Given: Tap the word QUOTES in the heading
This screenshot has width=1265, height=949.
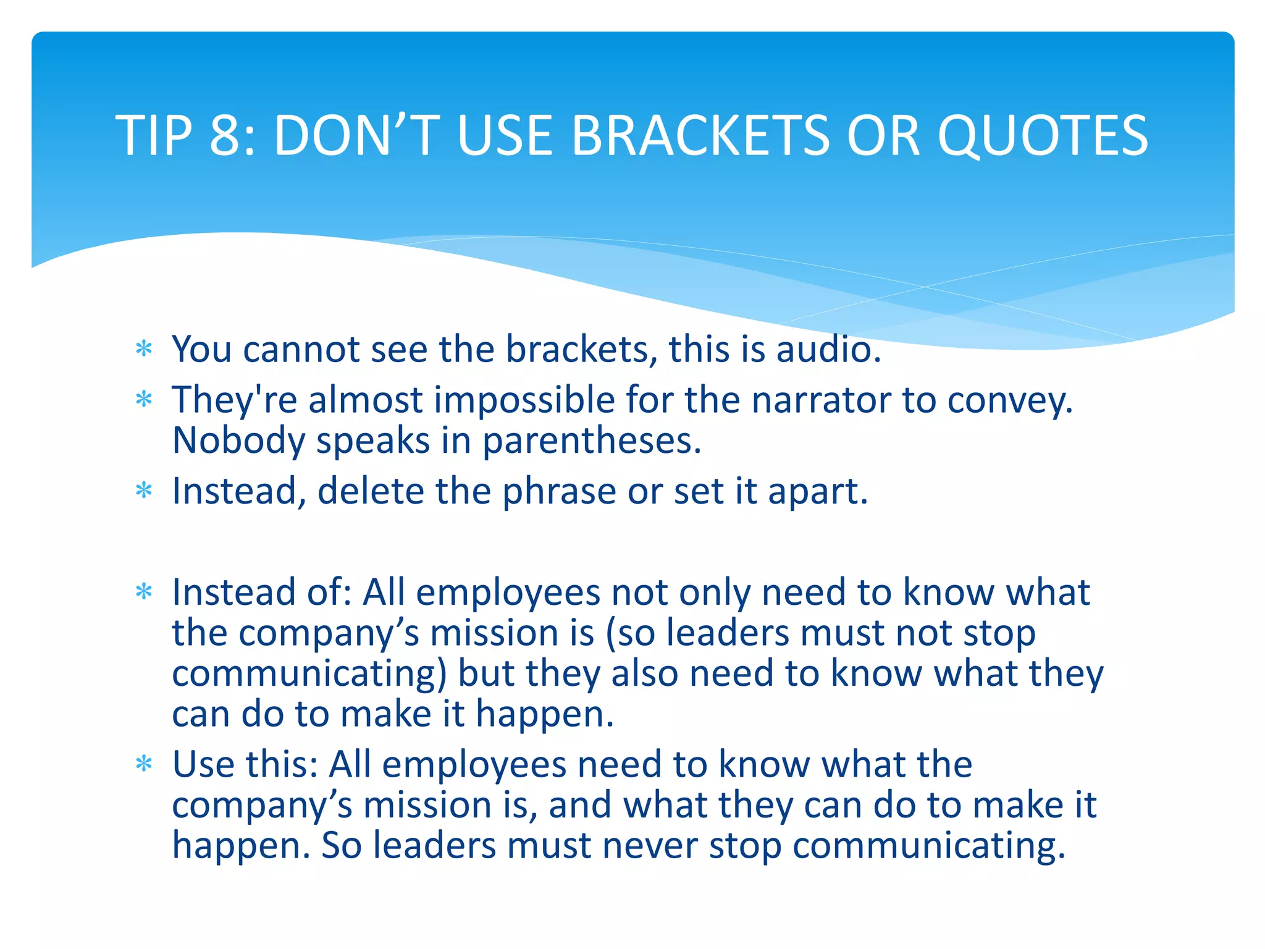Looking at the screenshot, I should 1043,135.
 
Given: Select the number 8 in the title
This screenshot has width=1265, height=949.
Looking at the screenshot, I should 226,135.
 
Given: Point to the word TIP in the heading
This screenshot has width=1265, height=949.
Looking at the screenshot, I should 154,135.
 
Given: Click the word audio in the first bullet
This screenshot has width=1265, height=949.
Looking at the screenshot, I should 828,349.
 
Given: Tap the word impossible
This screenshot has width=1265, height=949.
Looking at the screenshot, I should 524,400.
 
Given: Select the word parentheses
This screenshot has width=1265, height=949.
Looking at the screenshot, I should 591,441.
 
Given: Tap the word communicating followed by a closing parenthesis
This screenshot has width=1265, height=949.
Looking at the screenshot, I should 309,673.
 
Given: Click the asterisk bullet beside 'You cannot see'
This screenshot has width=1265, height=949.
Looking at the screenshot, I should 144,350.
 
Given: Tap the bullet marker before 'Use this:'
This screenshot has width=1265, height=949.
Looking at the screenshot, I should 144,765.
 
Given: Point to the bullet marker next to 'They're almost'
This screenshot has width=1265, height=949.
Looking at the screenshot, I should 144,400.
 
